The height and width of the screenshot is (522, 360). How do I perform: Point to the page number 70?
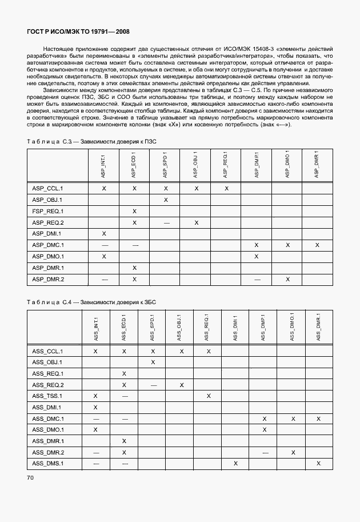click(30, 477)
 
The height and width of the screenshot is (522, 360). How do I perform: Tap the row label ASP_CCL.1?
click(47, 188)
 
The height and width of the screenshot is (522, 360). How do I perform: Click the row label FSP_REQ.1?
click(47, 211)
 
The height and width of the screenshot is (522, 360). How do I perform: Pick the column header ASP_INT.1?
click(104, 165)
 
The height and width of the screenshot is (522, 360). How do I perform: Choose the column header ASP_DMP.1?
click(257, 165)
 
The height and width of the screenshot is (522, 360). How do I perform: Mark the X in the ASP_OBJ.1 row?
click(166, 200)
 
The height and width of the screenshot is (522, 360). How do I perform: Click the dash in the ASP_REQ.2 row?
click(166, 222)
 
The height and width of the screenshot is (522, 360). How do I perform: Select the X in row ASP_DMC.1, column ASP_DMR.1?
click(317, 245)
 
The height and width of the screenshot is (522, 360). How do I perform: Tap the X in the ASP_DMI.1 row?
click(104, 234)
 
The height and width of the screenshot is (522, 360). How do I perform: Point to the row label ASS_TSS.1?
click(47, 396)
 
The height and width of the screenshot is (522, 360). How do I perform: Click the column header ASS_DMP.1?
click(264, 328)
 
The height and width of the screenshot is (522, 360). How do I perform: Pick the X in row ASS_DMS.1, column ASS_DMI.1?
click(235, 463)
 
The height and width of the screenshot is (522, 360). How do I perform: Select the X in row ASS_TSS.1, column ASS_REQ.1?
click(209, 396)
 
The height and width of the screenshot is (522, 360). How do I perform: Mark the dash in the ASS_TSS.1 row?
click(124, 396)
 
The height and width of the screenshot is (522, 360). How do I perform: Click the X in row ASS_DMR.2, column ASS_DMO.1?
click(293, 452)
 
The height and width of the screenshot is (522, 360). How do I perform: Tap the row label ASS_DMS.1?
click(47, 463)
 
